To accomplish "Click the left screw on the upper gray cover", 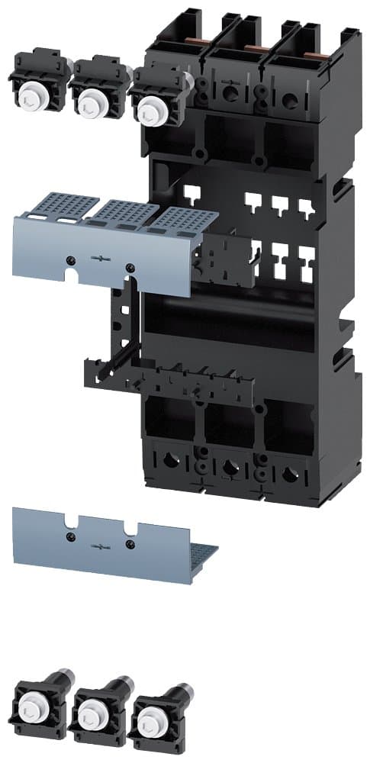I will (71, 260).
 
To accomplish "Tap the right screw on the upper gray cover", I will (130, 267).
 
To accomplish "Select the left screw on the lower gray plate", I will (71, 536).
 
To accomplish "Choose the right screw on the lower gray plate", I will (130, 543).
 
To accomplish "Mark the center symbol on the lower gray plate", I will (101, 545).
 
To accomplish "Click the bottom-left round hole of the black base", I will (169, 460).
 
